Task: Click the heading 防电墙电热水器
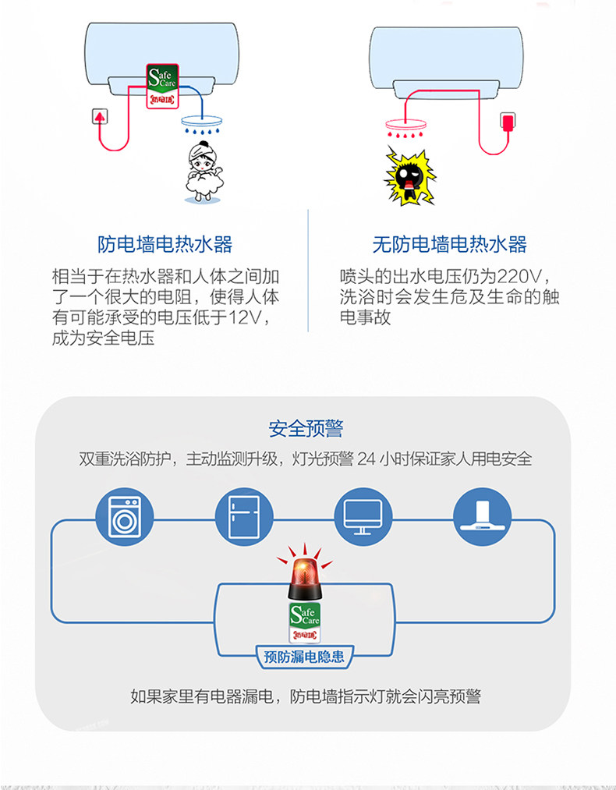pyautogui.click(x=165, y=244)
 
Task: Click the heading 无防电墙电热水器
pyautogui.click(x=449, y=244)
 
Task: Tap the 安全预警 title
pyautogui.click(x=306, y=429)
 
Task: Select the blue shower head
pyautogui.click(x=204, y=123)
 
